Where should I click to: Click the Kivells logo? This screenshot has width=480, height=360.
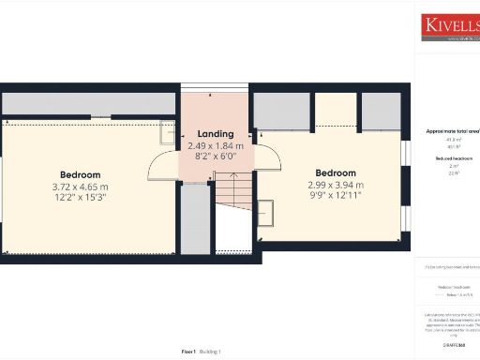pyautogui.click(x=449, y=25)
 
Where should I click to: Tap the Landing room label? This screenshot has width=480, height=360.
pyautogui.click(x=216, y=134)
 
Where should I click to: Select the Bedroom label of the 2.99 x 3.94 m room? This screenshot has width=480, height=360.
pyautogui.click(x=335, y=173)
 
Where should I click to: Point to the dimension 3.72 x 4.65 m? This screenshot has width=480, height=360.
pyautogui.click(x=81, y=187)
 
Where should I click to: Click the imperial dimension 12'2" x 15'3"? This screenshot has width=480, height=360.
pyautogui.click(x=81, y=198)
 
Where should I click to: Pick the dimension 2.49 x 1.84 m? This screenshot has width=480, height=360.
pyautogui.click(x=216, y=146)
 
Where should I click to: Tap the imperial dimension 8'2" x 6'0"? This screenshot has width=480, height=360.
pyautogui.click(x=216, y=157)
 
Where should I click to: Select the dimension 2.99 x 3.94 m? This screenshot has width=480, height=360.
pyautogui.click(x=335, y=186)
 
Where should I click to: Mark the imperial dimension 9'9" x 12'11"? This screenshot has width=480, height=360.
pyautogui.click(x=335, y=197)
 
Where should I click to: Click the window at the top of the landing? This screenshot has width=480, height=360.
pyautogui.click(x=215, y=89)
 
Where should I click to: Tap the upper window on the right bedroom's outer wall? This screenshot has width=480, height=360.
pyautogui.click(x=405, y=152)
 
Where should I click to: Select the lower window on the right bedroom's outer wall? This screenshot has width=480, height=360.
pyautogui.click(x=405, y=217)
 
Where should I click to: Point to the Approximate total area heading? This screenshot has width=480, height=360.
pyautogui.click(x=452, y=131)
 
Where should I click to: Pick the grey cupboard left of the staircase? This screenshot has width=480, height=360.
pyautogui.click(x=195, y=217)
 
